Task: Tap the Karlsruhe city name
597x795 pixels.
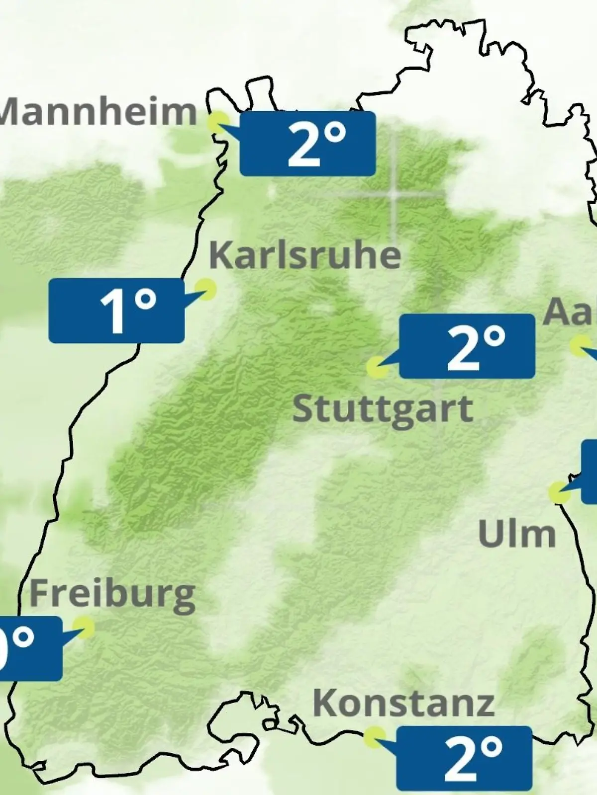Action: pyautogui.click(x=304, y=255)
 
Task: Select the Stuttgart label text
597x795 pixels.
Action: pyautogui.click(x=382, y=409)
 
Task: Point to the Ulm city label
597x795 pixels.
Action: pyautogui.click(x=516, y=534)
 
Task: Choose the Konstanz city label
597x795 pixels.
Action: pyautogui.click(x=403, y=703)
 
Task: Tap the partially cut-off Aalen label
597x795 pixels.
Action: pyautogui.click(x=570, y=312)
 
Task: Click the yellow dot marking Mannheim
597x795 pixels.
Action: pyautogui.click(x=218, y=121)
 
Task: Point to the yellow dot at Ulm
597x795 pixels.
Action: pyautogui.click(x=559, y=492)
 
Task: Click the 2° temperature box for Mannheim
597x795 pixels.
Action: pyautogui.click(x=307, y=144)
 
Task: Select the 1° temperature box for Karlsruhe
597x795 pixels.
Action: pyautogui.click(x=116, y=311)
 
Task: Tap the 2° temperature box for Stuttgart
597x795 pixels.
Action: pyautogui.click(x=467, y=346)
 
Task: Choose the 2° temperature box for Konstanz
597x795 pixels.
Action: pyautogui.click(x=464, y=758)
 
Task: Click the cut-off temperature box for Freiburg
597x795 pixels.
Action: pyautogui.click(x=30, y=648)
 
